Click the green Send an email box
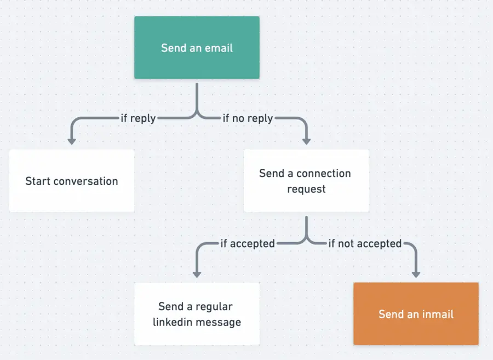point(197,48)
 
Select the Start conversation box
point(71,181)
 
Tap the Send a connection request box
point(306,181)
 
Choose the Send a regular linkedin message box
point(197,314)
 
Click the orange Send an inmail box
point(416,314)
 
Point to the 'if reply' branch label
point(138,118)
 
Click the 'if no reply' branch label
point(248,118)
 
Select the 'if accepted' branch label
point(248,243)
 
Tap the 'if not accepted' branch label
point(365,243)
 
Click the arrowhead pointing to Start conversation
point(71,141)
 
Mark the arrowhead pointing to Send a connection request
point(306,141)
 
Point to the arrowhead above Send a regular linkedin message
point(197,273)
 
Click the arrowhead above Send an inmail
point(416,273)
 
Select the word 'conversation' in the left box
point(86,181)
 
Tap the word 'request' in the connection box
point(306,190)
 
